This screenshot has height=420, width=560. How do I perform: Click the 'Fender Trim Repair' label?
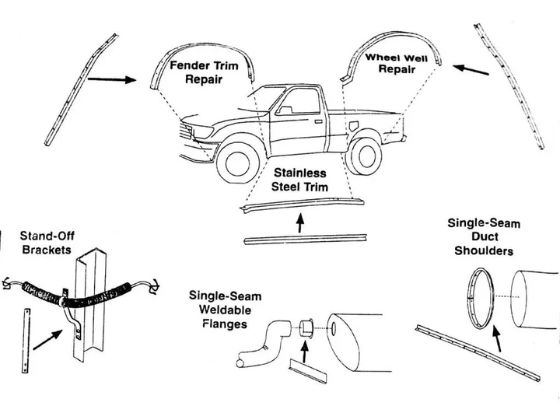coord(204,72)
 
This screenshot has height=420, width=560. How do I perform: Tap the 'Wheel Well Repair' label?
coord(397,63)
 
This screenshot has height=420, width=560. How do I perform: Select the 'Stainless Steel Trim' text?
coord(299,180)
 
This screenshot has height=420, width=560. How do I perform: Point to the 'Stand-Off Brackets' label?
coord(47,243)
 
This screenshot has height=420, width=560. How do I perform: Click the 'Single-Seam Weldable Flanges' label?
coord(225,310)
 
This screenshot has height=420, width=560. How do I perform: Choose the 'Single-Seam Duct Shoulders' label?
coord(484,236)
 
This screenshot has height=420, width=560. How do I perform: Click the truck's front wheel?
coord(238,163)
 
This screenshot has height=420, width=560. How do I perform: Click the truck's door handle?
coord(318,122)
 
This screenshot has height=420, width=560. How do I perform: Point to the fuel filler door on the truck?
coord(354,126)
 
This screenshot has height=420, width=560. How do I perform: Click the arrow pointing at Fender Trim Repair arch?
coord(112,79)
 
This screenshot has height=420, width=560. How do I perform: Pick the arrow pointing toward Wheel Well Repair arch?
coord(471,70)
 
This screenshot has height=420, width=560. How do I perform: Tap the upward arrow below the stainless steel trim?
coord(301,223)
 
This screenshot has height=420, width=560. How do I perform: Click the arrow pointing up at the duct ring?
coord(497,338)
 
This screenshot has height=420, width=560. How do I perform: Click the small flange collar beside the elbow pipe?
coord(306,328)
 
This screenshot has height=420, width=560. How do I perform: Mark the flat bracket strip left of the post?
coord(26,341)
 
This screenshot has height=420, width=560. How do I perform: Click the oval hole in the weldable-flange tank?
coord(334,329)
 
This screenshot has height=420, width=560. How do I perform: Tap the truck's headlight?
coord(202,131)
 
